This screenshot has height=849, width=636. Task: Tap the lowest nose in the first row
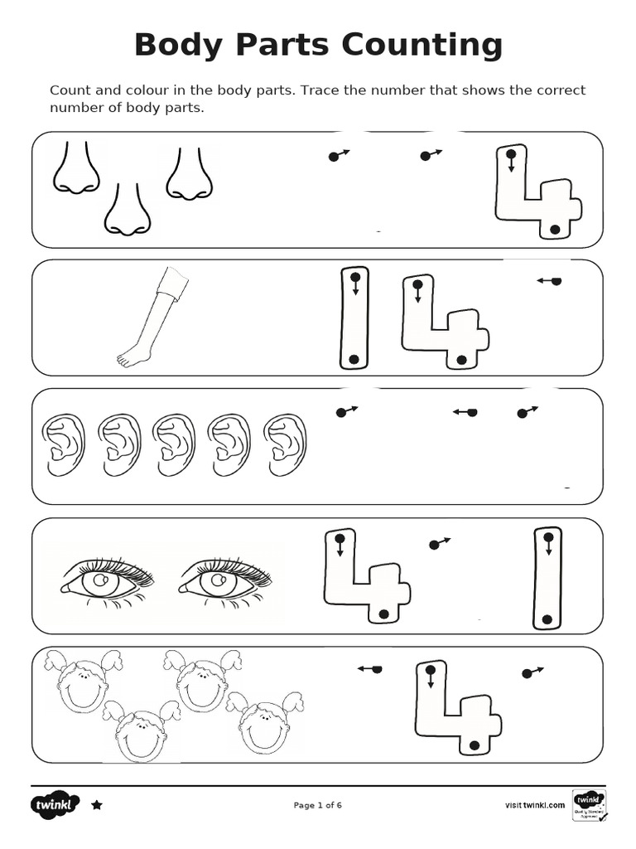[x=127, y=211]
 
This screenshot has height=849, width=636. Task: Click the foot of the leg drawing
[x=133, y=357]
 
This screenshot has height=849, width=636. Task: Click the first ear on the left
[x=62, y=445]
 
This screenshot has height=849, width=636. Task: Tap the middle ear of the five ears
[x=174, y=445]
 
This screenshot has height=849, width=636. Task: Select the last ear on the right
[x=285, y=445]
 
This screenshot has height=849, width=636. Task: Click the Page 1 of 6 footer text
[x=318, y=805]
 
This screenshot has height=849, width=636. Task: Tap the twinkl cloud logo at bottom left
[x=57, y=804]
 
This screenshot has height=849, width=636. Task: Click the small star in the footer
[x=97, y=804]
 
